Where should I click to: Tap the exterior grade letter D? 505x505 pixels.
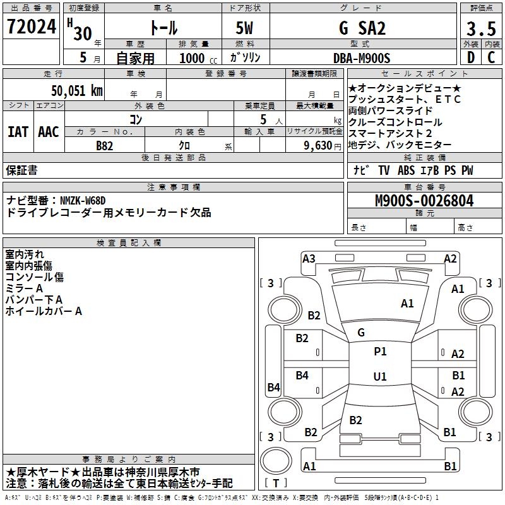tap(470, 57)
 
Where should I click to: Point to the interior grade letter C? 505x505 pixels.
tap(491, 57)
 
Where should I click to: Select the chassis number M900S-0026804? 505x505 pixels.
tap(424, 201)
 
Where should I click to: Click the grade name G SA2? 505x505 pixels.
tap(362, 28)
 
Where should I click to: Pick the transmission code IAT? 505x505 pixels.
tap(18, 132)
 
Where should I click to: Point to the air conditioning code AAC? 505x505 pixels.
tap(49, 132)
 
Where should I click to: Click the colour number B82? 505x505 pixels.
tap(105, 145)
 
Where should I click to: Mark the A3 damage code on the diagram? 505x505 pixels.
tap(309, 258)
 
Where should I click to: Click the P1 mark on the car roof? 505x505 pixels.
tap(380, 352)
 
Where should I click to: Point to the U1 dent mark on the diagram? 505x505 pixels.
tap(380, 377)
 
